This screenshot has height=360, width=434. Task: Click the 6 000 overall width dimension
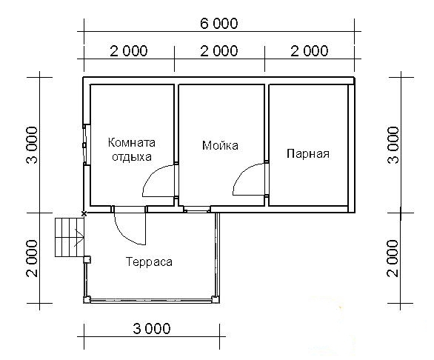coord(218,24)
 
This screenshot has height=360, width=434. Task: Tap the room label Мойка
coord(220,146)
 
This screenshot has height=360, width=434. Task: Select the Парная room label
coord(307,154)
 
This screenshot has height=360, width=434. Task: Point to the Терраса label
coord(149,262)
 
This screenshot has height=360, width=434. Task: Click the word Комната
coord(132,143)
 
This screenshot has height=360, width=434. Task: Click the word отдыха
coord(132,156)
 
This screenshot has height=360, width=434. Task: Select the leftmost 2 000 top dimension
coord(129,51)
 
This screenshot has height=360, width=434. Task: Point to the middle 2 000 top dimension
coord(219,51)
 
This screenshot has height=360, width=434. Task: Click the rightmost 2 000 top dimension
coord(309,51)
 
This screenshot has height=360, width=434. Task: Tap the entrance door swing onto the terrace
coord(132,226)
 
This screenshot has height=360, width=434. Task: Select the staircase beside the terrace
coord(69,237)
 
